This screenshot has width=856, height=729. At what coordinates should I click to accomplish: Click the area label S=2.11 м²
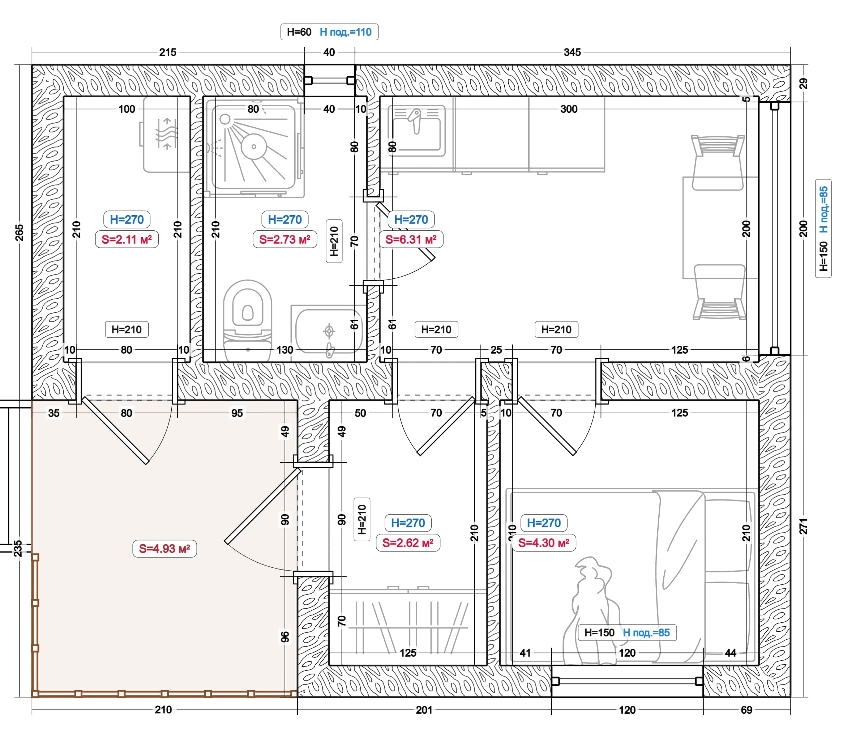pos(127,239)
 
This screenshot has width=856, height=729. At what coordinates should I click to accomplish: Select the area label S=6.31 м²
pos(411,239)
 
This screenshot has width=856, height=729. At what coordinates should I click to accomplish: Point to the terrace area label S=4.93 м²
pos(164,549)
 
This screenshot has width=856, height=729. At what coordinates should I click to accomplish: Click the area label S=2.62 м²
pos(408,543)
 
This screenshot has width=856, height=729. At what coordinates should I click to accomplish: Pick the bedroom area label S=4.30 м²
pos(544,543)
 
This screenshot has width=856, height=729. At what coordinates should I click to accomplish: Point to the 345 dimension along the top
pos(572,52)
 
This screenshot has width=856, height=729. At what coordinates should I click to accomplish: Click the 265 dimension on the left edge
pos(19,233)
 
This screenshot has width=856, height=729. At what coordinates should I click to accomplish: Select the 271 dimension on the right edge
pos(804,526)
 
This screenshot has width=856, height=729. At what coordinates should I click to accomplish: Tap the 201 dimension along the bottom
pos(424,710)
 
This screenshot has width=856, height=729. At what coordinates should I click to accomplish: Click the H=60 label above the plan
pos(299,32)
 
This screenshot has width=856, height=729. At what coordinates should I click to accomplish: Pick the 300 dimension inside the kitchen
pos(569,109)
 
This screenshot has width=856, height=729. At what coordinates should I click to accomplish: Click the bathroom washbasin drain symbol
pos(329,331)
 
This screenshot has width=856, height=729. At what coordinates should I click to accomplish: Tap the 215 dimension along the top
pos(168,52)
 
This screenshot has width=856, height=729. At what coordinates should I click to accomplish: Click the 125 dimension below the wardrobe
pos(408,653)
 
